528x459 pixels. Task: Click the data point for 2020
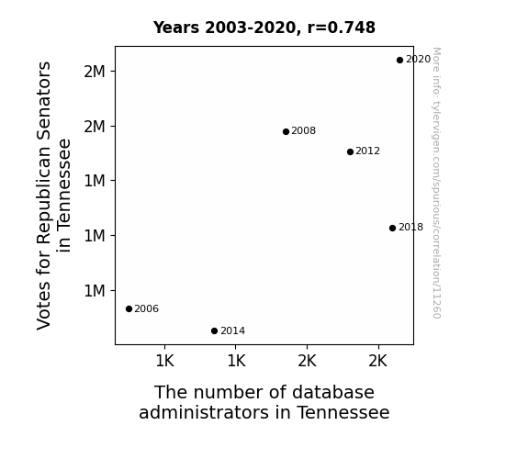399,61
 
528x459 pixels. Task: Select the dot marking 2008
286,131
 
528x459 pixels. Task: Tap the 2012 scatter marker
350,151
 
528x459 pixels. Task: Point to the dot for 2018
392,228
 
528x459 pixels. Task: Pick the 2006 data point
129,308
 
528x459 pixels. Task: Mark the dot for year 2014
214,331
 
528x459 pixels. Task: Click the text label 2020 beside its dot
418,60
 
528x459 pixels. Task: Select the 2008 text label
303,130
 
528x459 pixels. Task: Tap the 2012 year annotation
367,151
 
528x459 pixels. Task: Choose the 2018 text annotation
410,228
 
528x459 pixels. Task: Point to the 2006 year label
147,308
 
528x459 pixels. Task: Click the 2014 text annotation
232,331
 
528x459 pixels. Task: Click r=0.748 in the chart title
341,28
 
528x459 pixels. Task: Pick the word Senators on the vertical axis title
44,100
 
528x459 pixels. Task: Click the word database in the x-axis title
333,392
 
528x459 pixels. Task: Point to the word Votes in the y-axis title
44,306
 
